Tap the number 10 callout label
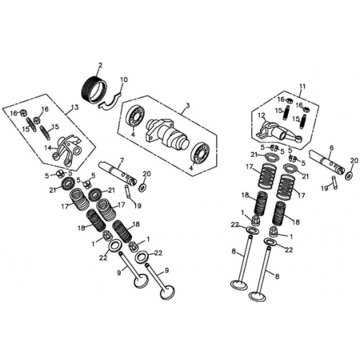click(x=124, y=79)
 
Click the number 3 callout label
click(x=187, y=105)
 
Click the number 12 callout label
click(x=261, y=114)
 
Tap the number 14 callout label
click(x=49, y=148)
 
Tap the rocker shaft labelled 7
click(x=114, y=173)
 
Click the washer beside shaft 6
click(x=349, y=175)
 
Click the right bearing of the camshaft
click(x=201, y=153)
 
